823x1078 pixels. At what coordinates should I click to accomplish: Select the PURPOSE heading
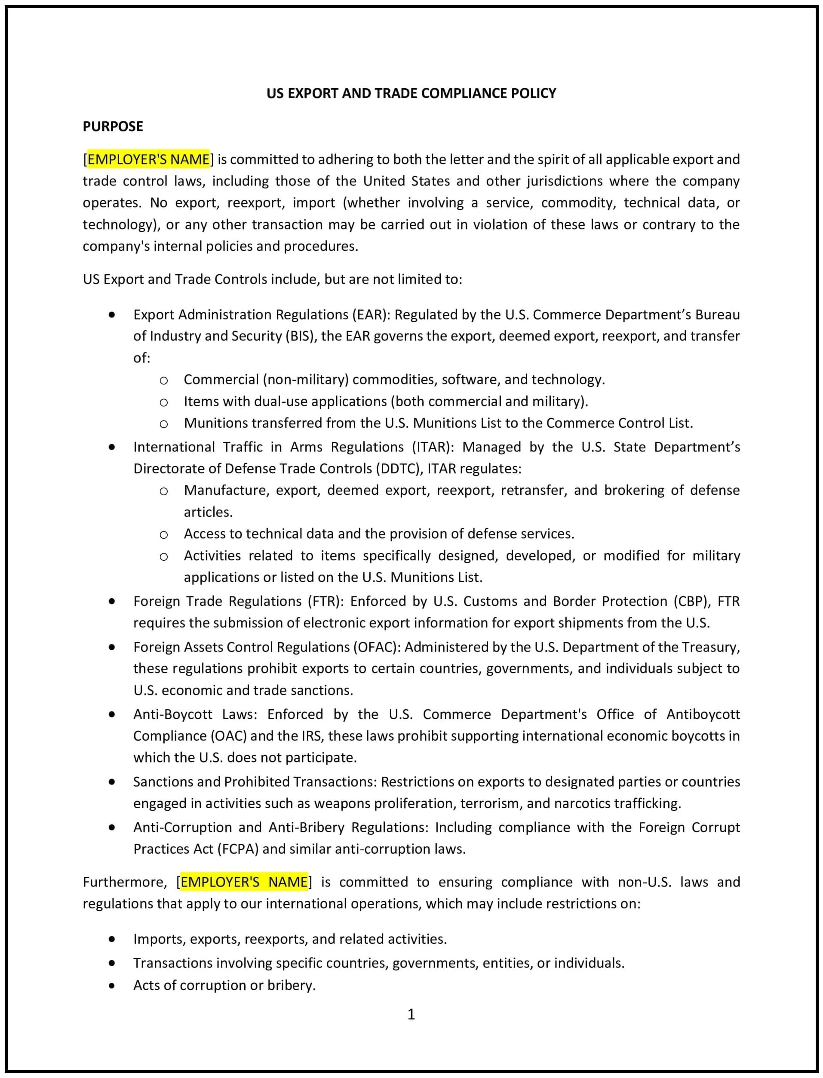[113, 127]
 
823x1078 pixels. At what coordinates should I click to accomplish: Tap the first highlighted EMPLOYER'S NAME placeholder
[148, 159]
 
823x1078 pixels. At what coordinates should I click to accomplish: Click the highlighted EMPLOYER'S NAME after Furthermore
[244, 882]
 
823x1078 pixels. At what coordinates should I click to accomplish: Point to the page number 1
[411, 1014]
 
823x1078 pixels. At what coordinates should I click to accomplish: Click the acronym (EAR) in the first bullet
[369, 314]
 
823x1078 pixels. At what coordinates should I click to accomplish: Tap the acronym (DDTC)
[399, 469]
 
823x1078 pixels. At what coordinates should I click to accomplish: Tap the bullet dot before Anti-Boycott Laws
[112, 715]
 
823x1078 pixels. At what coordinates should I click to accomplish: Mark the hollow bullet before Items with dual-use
[164, 402]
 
